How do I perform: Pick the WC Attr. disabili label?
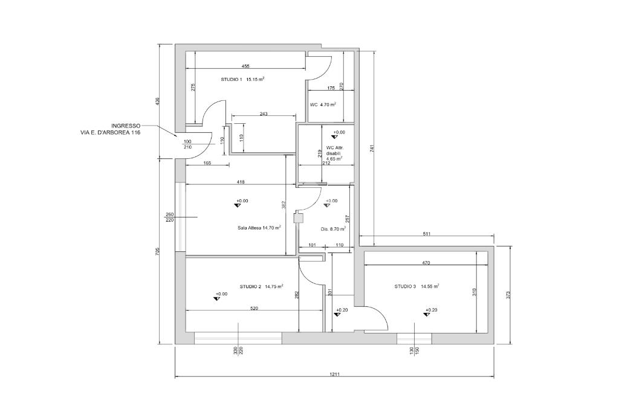334,153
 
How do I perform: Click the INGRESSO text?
126,126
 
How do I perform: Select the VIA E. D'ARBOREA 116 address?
110,132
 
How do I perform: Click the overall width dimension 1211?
334,375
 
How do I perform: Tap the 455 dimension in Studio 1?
245,66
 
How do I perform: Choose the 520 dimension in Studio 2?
254,308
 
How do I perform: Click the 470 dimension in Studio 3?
426,263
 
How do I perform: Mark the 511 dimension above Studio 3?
427,234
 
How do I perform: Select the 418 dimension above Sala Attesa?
241,181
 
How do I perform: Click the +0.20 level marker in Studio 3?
430,311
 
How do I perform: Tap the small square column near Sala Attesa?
297,219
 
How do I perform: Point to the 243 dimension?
264,114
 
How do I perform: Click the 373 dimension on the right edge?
508,295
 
